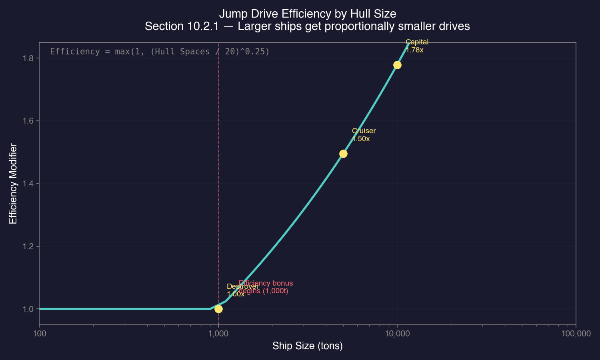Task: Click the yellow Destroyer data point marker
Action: tap(218, 309)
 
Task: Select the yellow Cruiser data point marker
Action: tap(343, 154)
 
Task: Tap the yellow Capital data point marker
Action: tap(397, 65)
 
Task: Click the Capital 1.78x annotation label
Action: tap(417, 46)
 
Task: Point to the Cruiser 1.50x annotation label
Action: tap(364, 135)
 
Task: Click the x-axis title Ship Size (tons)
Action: tap(307, 346)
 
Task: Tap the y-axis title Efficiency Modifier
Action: tap(13, 184)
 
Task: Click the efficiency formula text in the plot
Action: tap(160, 52)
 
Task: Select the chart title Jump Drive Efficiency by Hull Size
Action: tap(307, 14)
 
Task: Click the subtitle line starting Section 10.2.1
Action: tap(307, 26)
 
